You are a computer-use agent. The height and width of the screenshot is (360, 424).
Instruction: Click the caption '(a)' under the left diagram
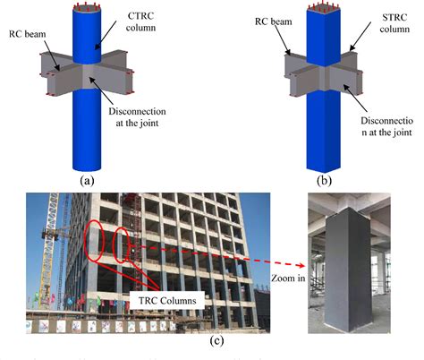tap(88, 179)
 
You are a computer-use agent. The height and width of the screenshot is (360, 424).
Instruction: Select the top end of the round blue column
tap(87, 10)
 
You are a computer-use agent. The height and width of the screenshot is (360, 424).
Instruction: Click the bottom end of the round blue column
tap(88, 167)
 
